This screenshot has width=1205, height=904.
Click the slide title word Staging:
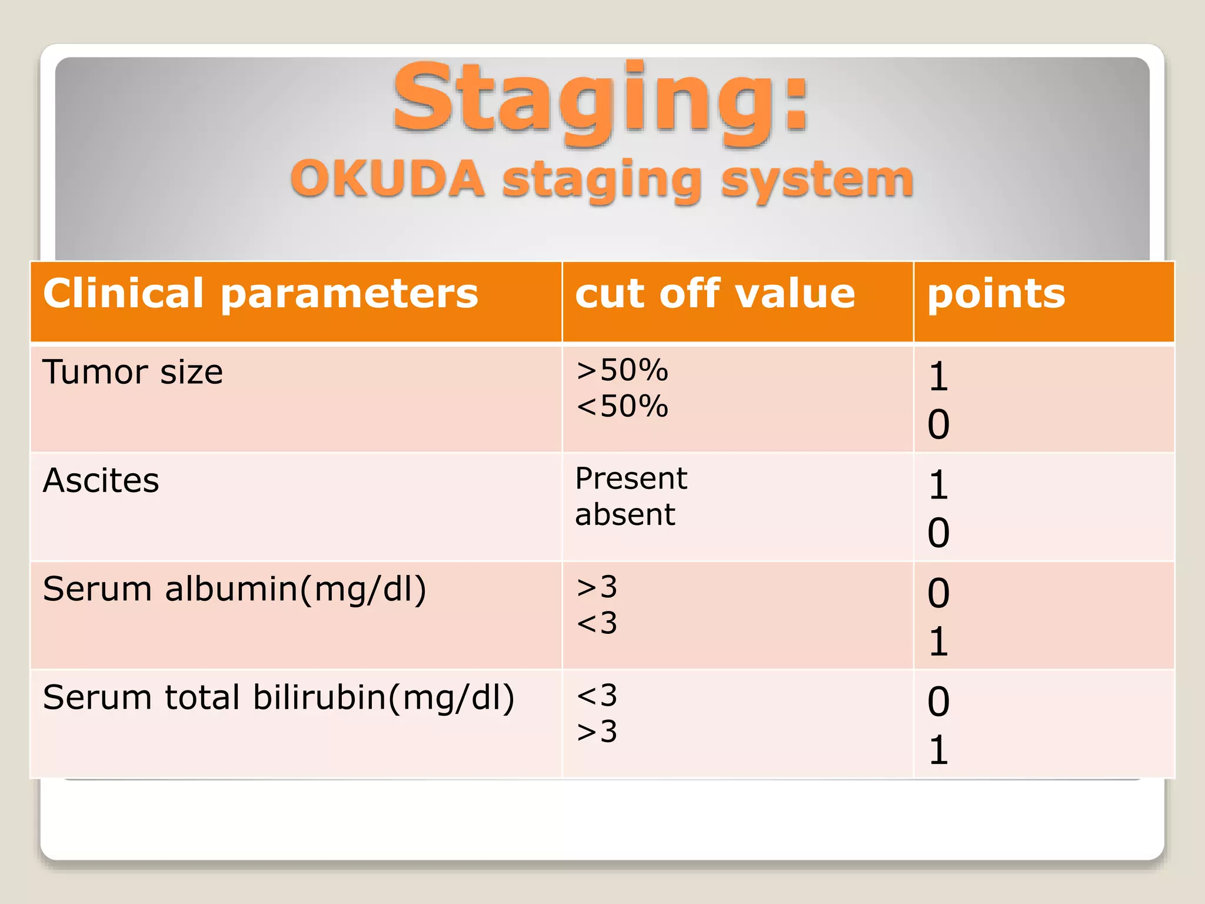(600, 100)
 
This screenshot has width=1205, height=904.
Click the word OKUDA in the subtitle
(387, 180)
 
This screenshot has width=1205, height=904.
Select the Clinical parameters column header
(261, 294)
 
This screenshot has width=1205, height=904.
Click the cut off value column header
(714, 294)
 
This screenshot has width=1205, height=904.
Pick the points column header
(996, 294)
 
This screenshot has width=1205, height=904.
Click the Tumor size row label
(133, 372)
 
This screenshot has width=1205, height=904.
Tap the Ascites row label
(101, 480)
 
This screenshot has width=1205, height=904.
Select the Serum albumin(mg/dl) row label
(234, 589)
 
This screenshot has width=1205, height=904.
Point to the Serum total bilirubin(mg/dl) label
(278, 698)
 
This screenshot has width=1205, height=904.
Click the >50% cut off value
(622, 370)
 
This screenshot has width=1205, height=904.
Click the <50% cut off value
(622, 406)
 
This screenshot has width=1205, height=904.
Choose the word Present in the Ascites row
(631, 478)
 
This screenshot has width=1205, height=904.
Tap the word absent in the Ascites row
(625, 514)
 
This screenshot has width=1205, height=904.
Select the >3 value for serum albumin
(597, 587)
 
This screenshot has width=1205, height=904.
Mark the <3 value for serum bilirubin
(597, 696)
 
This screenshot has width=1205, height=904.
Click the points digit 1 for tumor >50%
(938, 377)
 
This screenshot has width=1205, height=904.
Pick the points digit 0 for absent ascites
(938, 533)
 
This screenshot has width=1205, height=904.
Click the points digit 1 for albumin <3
(938, 642)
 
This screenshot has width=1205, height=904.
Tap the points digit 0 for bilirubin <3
(938, 702)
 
